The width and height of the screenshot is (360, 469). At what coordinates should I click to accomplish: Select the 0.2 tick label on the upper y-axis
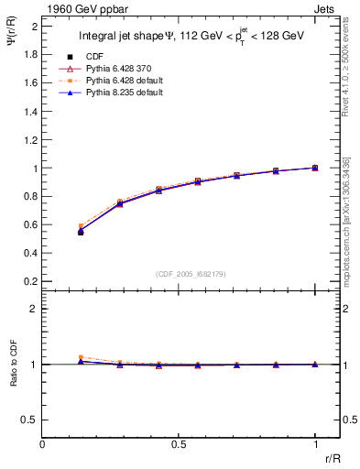pos(30,283)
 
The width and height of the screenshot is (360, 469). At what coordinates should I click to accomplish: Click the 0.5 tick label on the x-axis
pos(179,444)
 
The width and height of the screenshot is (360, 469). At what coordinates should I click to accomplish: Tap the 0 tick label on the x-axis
pos(42,444)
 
